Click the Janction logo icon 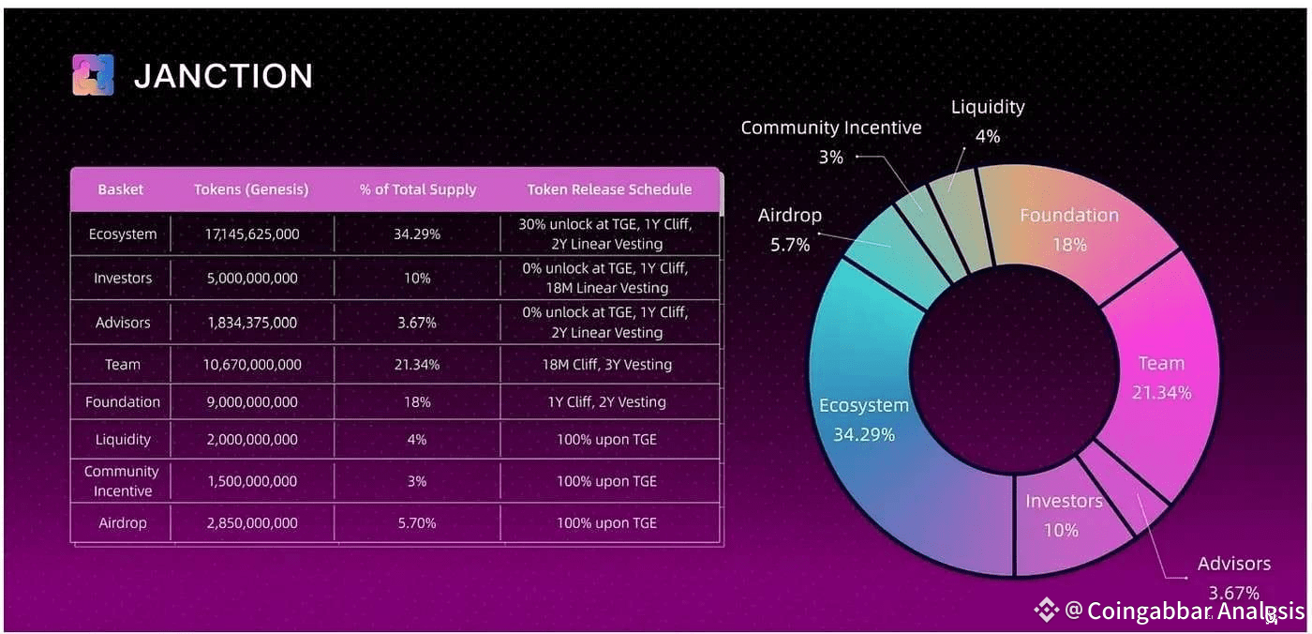93,75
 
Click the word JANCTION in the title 223,76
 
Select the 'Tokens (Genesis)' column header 251,189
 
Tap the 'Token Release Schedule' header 608,189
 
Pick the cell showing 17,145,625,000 251,234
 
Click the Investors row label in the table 123,279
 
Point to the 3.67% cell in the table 417,323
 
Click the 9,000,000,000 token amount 251,402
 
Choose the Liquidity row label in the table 123,440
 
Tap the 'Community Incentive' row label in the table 122,481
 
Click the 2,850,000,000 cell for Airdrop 251,523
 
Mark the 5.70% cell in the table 417,523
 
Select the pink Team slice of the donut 1162,376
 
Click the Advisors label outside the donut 1233,564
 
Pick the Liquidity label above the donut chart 988,107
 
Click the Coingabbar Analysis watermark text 1195,611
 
